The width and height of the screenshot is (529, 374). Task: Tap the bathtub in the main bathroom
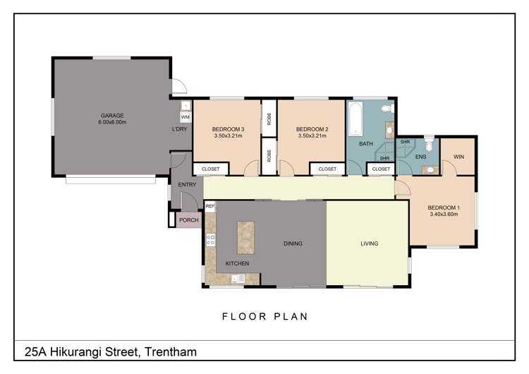coord(355,118)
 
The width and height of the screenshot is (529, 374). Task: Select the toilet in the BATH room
coord(385,109)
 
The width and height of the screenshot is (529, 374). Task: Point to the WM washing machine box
coord(185,117)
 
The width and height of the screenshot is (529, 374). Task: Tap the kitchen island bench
coord(246,239)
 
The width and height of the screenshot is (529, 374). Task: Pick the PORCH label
coord(189,220)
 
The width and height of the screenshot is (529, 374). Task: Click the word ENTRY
coord(187,185)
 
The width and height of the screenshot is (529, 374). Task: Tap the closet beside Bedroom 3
coord(211,169)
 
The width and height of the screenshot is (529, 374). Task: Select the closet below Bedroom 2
coord(327,169)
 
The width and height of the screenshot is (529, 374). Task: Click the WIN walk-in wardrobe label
coord(458,156)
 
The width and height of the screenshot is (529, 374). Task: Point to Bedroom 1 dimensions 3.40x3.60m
coord(444,214)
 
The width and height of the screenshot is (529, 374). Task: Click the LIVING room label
coord(369,243)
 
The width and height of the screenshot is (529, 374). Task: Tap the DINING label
coord(293,243)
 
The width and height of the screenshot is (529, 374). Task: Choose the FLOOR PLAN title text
coord(264,316)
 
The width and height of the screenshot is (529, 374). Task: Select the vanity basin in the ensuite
coord(428,169)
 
